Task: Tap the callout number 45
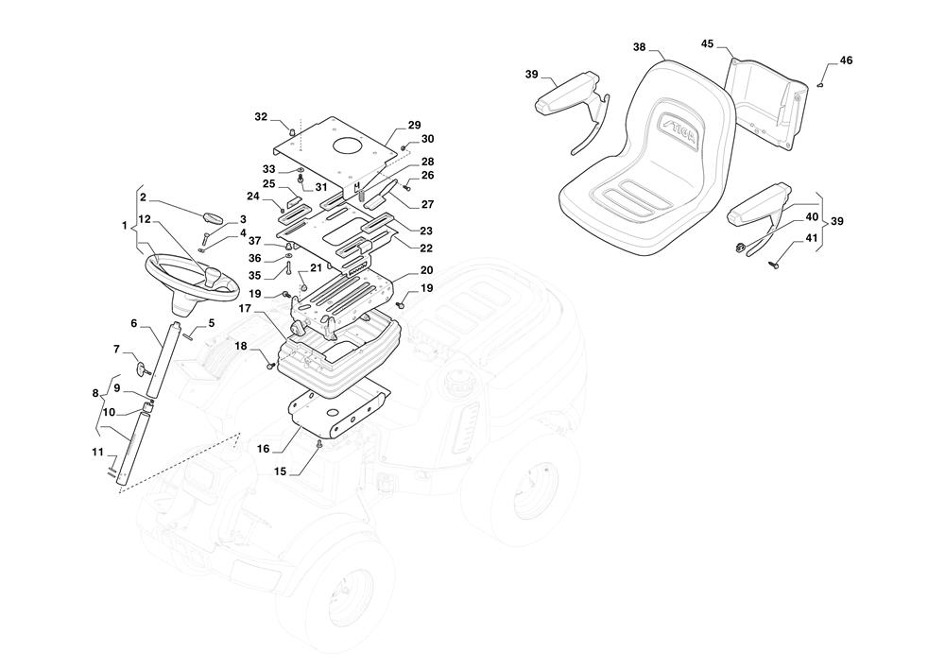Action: click(708, 43)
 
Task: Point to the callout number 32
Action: click(261, 117)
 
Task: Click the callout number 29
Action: click(414, 125)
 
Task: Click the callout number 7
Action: click(117, 350)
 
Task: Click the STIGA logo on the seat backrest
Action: click(677, 124)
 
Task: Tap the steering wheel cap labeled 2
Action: click(215, 217)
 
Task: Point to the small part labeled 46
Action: click(819, 84)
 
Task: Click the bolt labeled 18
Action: click(272, 364)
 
